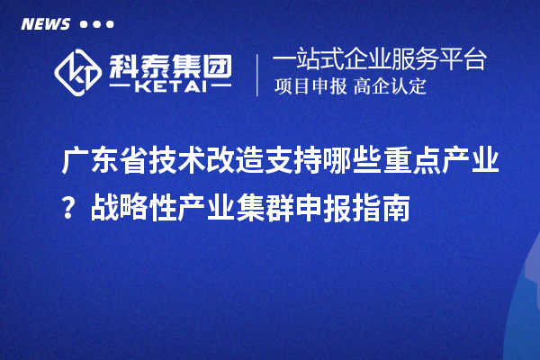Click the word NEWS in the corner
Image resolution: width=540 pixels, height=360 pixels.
click(x=45, y=24)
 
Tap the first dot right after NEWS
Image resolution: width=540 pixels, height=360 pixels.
click(x=84, y=24)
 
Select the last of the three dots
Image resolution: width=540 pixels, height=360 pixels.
click(x=110, y=24)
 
